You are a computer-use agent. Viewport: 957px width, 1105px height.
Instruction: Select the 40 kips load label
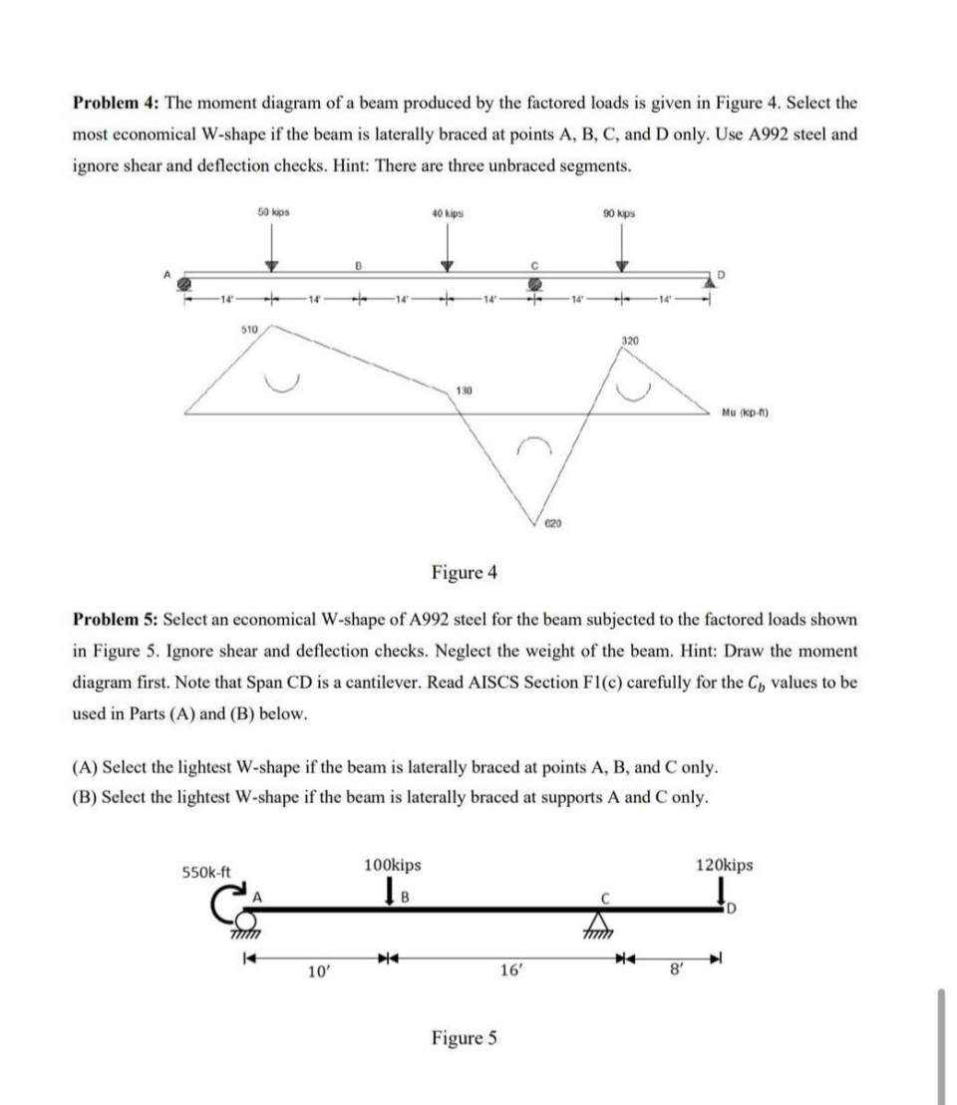(447, 212)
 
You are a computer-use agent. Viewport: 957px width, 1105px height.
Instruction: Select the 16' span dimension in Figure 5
(506, 970)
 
